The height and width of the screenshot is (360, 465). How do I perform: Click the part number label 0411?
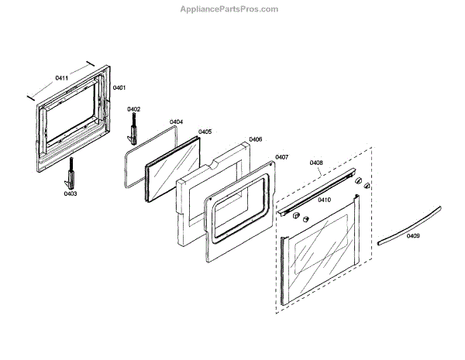tap(61, 78)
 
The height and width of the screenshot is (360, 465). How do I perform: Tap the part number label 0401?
tap(119, 88)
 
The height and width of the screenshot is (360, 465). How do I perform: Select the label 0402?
tap(134, 109)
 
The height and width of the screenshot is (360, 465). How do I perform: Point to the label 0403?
tap(71, 194)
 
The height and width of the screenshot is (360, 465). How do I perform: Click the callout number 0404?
tap(176, 122)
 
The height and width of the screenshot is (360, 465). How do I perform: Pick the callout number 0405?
tap(205, 132)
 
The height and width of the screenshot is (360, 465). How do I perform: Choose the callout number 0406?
tap(255, 139)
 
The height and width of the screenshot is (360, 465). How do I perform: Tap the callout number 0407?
tap(281, 157)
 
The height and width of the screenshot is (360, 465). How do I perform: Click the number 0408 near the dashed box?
tap(316, 163)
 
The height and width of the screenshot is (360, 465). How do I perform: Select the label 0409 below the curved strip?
tap(412, 235)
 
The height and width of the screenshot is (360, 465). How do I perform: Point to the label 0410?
tap(324, 200)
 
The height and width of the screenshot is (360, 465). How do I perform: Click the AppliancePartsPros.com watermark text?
tap(232, 9)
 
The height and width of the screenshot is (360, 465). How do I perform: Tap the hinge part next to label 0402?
tap(133, 130)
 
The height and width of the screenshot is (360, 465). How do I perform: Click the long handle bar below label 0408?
tap(318, 193)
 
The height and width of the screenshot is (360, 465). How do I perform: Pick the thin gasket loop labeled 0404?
tap(129, 166)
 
